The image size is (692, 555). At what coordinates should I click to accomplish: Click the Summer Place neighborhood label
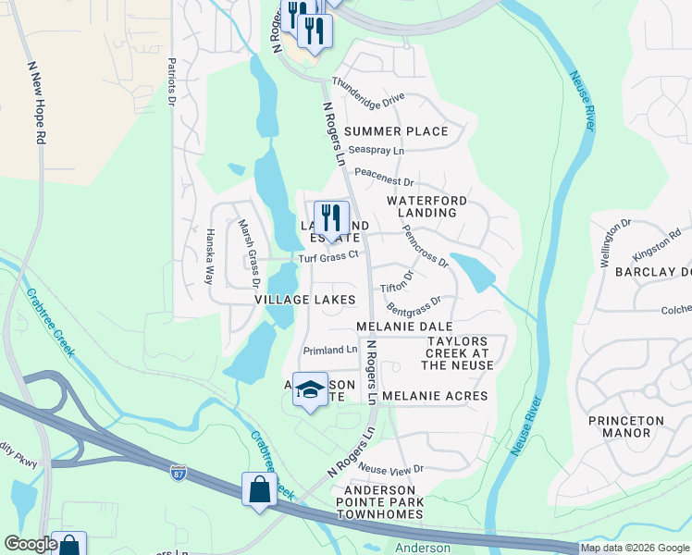pos(396,131)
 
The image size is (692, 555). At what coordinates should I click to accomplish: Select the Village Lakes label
pos(304,300)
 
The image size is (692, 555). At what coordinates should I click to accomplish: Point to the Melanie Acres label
pos(434,396)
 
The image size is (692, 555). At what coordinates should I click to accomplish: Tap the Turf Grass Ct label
pos(327,258)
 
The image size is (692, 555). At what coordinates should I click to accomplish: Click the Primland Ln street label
pos(330,350)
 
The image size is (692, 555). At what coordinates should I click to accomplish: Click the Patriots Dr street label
pos(171,81)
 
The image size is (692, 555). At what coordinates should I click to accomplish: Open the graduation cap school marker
pos(311,389)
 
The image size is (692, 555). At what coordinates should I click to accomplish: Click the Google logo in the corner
pos(30,545)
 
